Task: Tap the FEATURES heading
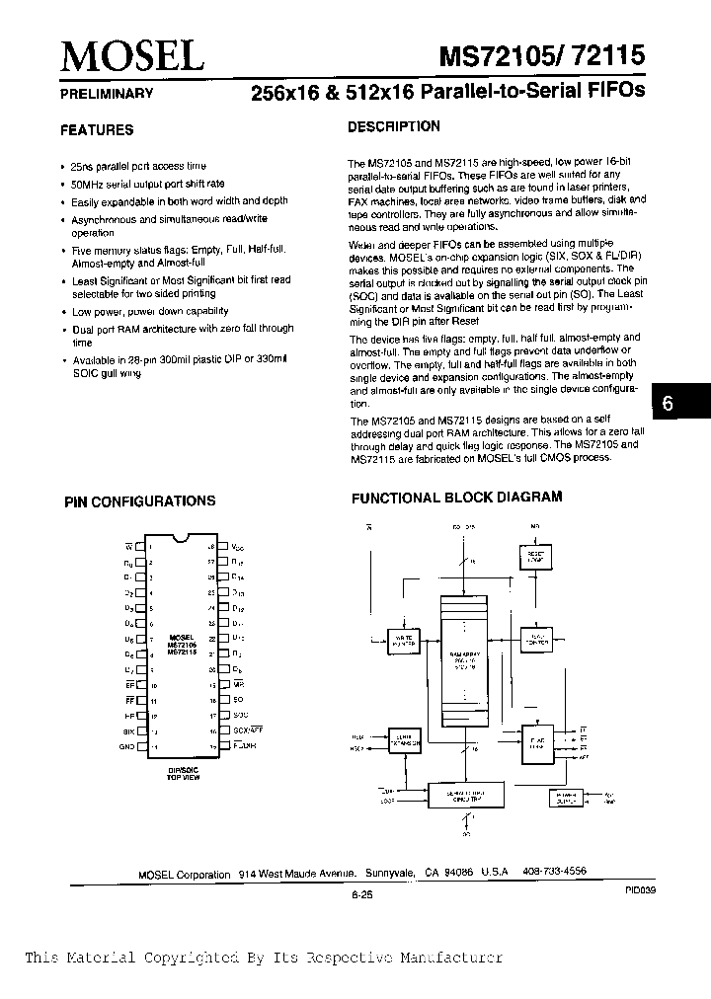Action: [97, 129]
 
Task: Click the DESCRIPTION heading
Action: [394, 126]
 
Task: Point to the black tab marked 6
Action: [669, 405]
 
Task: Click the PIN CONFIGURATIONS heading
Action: [139, 501]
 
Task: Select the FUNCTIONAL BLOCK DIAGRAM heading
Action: [457, 498]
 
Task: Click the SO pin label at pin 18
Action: [238, 698]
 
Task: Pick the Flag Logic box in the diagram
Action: [537, 747]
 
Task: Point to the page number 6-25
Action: [360, 894]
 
